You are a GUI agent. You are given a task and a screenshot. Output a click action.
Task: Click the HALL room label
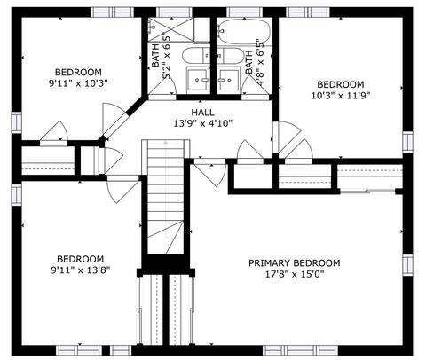click(202, 113)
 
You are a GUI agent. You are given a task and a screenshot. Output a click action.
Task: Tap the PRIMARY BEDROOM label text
click(294, 263)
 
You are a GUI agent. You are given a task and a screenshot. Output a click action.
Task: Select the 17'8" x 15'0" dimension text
click(294, 274)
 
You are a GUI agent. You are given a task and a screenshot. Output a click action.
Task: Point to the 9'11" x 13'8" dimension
click(81, 270)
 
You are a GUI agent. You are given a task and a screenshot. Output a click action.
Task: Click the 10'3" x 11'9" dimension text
click(341, 96)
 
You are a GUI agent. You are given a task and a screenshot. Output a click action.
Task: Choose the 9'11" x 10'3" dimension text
click(78, 83)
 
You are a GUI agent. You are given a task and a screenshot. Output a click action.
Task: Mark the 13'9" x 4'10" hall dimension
click(202, 123)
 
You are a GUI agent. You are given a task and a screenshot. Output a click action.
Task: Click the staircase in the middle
click(166, 197)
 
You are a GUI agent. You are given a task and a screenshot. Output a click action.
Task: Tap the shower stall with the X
click(170, 29)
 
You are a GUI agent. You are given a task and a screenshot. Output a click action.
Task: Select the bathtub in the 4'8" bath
click(245, 32)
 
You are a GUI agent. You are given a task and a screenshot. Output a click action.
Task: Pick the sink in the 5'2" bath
click(197, 79)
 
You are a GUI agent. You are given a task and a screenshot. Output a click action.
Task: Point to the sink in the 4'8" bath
click(228, 79)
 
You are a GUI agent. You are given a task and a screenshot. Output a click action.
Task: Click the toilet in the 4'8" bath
click(231, 55)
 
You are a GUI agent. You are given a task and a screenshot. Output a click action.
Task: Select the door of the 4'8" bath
click(255, 86)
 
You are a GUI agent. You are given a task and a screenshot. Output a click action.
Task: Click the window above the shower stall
click(174, 12)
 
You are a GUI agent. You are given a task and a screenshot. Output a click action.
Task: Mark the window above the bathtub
click(245, 12)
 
